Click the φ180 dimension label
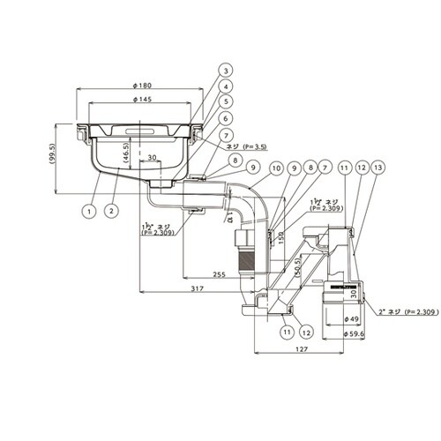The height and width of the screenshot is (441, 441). [142, 85]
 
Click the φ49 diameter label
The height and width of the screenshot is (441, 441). [350, 318]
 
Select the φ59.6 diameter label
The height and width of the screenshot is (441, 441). [355, 334]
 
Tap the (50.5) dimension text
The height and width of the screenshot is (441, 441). [298, 266]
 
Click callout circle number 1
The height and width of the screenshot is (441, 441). [89, 212]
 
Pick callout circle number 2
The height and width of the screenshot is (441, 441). [112, 212]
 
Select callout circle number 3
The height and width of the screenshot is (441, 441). [201, 70]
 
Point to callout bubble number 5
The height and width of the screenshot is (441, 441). [201, 101]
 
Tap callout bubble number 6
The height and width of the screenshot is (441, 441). [201, 117]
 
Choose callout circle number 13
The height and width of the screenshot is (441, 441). [379, 168]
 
